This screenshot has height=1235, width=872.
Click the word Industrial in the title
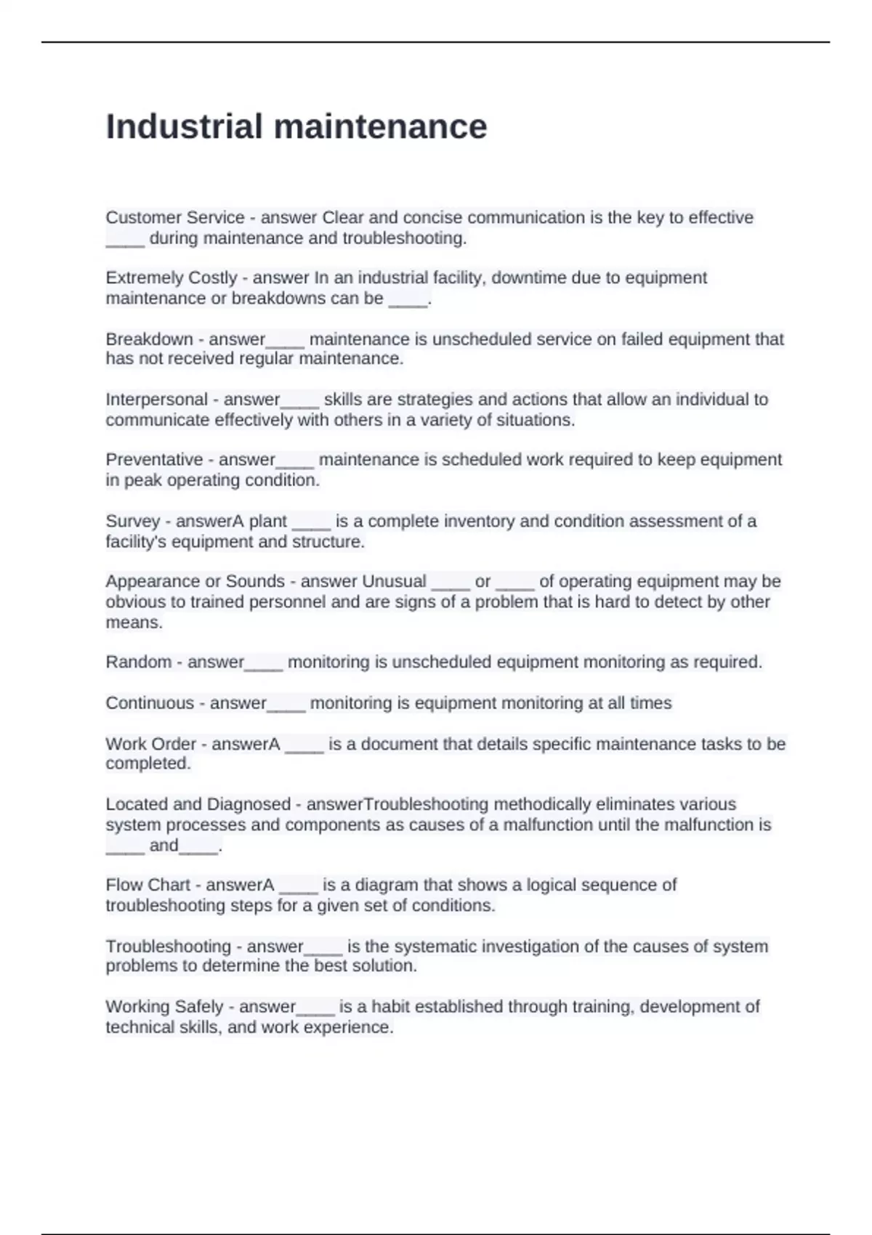(x=184, y=126)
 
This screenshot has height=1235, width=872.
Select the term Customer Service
(x=174, y=217)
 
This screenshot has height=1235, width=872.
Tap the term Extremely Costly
(x=171, y=278)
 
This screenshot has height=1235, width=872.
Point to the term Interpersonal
(x=156, y=399)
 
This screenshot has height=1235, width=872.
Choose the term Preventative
(x=154, y=459)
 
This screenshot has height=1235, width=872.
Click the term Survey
(x=132, y=521)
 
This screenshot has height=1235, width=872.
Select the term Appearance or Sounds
(x=195, y=581)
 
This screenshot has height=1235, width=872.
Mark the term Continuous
(x=149, y=702)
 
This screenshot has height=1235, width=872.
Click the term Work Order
(x=150, y=744)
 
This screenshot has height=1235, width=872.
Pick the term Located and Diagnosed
(x=198, y=804)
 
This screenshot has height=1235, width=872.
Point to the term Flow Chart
(x=148, y=885)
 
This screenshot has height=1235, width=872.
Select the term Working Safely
(x=164, y=1006)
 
